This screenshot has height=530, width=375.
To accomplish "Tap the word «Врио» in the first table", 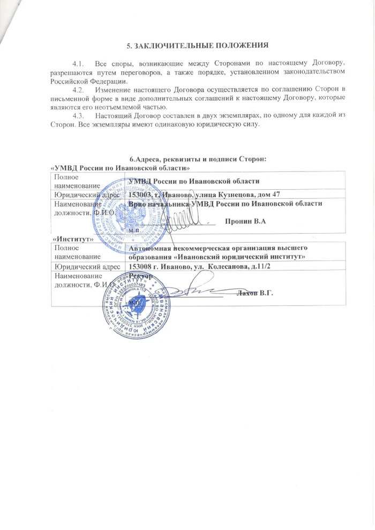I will [133, 204].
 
